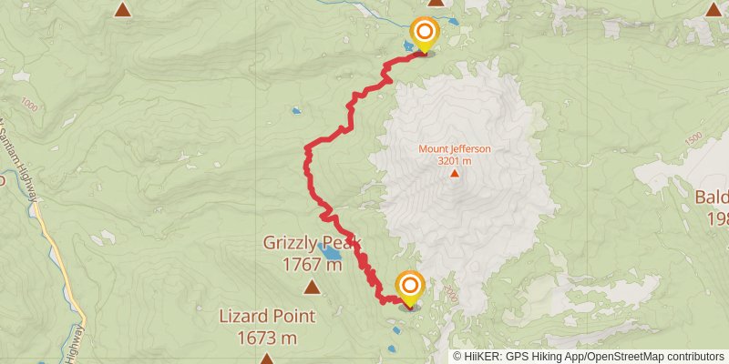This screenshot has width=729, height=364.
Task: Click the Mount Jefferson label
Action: pyautogui.click(x=455, y=148)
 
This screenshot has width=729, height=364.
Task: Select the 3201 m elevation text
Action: pyautogui.click(x=455, y=160)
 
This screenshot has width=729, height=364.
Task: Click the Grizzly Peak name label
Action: pyautogui.click(x=312, y=243)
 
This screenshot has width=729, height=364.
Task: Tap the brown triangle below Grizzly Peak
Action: pyautogui.click(x=313, y=288)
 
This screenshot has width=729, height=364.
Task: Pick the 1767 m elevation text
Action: pyautogui.click(x=312, y=265)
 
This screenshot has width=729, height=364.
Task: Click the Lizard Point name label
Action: pyautogui.click(x=266, y=317)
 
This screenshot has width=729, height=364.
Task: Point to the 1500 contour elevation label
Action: pyautogui.click(x=694, y=138)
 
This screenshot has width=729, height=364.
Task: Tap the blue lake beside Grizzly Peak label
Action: pyautogui.click(x=327, y=251)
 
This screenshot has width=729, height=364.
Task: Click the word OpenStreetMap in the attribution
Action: pyautogui.click(x=627, y=357)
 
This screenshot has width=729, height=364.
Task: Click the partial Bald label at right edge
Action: pyautogui.click(x=712, y=197)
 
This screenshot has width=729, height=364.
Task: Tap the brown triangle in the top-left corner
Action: pyautogui.click(x=122, y=9)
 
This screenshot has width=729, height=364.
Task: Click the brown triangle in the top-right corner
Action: pyautogui.click(x=714, y=9)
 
